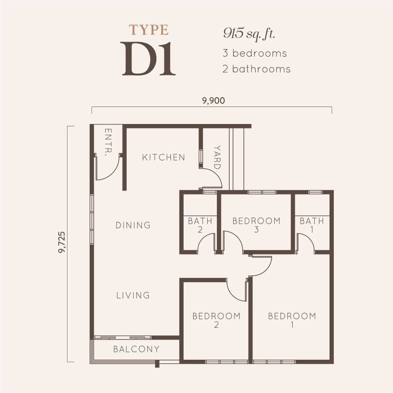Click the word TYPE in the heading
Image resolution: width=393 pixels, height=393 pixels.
pyautogui.click(x=149, y=30)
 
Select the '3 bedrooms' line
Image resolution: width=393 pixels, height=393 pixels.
pyautogui.click(x=254, y=53)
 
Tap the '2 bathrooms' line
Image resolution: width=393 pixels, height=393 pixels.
pyautogui.click(x=256, y=69)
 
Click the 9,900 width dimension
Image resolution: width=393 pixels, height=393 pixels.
pyautogui.click(x=213, y=101)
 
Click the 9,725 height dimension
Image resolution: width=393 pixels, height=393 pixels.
pyautogui.click(x=62, y=243)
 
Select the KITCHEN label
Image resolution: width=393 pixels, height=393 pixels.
pyautogui.click(x=163, y=157)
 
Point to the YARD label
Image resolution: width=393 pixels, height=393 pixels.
pyautogui.click(x=217, y=157)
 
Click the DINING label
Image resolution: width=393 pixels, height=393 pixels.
pyautogui.click(x=133, y=225)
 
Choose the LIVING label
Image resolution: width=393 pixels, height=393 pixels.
pyautogui.click(x=133, y=295)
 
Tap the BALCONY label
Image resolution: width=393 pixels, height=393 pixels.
pyautogui.click(x=136, y=349)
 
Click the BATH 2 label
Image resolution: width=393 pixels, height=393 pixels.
pyautogui.click(x=200, y=225)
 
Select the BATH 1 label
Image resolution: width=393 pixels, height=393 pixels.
pyautogui.click(x=312, y=225)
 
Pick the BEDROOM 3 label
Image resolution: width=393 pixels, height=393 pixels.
pyautogui.click(x=256, y=225)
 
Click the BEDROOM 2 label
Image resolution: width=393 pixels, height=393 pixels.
pyautogui.click(x=216, y=320)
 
